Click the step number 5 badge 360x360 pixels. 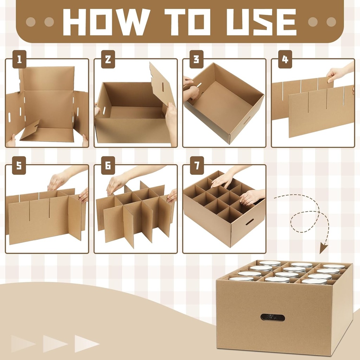pyautogui.click(x=19, y=167)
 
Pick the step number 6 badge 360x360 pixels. pyautogui.click(x=108, y=167)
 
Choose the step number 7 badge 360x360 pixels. pyautogui.click(x=197, y=167)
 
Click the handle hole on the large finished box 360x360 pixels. pyautogui.click(x=273, y=317)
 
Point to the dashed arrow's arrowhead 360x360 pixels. pyautogui.click(x=323, y=249)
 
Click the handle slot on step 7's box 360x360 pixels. pyautogui.click(x=250, y=222)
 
